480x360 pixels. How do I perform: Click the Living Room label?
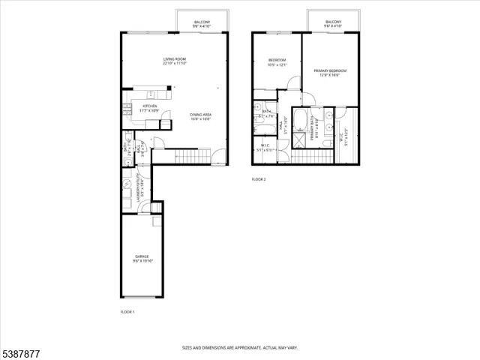click(x=175, y=61)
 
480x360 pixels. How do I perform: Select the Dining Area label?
click(x=200, y=116)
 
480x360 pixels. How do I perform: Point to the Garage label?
click(x=142, y=259)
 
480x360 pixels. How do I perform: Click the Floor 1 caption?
click(x=127, y=311)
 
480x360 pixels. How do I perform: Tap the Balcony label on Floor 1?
click(x=202, y=24)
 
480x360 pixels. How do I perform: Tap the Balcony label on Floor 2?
click(x=334, y=24)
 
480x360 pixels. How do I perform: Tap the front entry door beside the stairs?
click(x=217, y=157)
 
